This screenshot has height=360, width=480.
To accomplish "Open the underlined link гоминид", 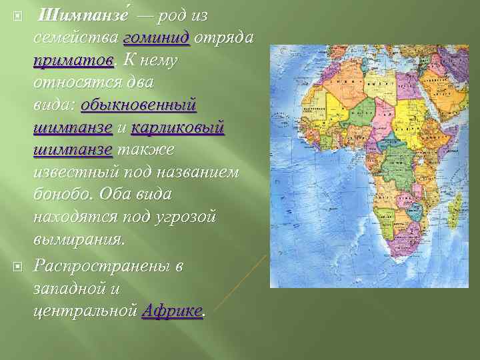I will (x=157, y=38).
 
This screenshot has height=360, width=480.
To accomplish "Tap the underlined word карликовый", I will (x=177, y=129).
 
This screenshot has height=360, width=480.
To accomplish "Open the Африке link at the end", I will (x=173, y=310).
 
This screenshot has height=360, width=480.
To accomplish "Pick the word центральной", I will (x=85, y=310).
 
